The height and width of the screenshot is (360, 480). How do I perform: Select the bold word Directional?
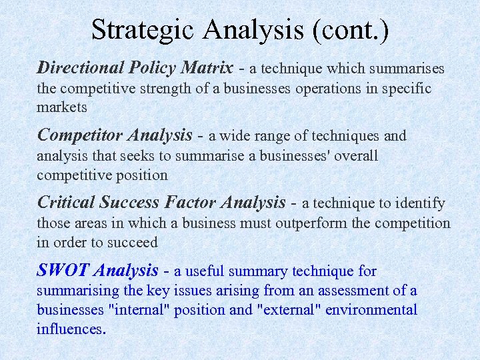(x=81, y=68)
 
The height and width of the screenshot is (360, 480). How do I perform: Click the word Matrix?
(x=207, y=68)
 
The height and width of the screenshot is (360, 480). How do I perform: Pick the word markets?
(x=62, y=107)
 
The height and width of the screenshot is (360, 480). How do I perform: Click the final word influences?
(x=70, y=329)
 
